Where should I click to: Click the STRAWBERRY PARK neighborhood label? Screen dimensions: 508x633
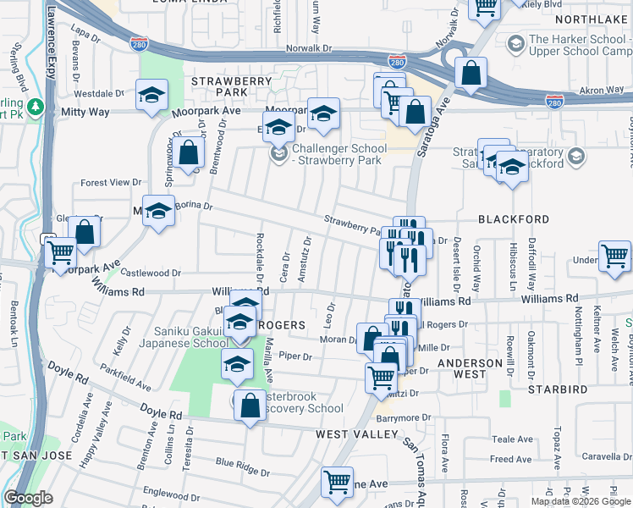pos(219,86)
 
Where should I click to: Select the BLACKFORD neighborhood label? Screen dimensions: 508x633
pos(514,218)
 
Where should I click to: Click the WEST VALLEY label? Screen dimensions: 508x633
pos(356,434)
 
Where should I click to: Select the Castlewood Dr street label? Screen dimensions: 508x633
pos(152,273)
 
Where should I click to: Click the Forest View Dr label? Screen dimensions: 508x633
pos(111,182)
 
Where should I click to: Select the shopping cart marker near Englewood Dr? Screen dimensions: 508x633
pos(337,483)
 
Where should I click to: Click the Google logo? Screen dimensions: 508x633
pos(29,498)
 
